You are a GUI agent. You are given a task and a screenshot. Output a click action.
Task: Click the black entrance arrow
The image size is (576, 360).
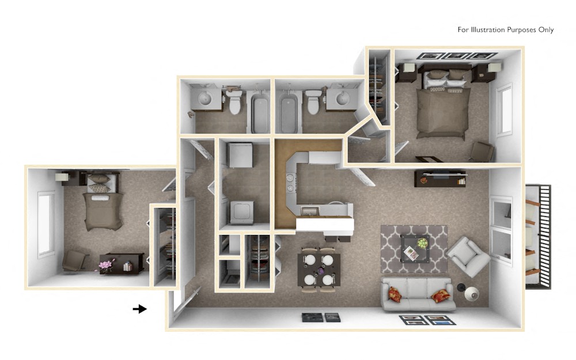click(x=140, y=309)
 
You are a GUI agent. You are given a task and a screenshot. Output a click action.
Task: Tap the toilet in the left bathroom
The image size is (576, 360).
click(x=234, y=102)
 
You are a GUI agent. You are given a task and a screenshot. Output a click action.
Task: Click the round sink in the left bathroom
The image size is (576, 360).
click(x=205, y=99)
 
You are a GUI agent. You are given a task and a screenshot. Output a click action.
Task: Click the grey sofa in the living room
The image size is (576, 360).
click(x=418, y=293)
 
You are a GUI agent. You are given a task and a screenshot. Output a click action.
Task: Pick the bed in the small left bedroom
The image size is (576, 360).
click(x=103, y=204)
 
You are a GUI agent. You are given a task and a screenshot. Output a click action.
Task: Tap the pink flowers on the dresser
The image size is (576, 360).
click(x=106, y=264)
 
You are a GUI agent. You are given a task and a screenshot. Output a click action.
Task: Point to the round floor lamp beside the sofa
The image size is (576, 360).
click(x=471, y=294)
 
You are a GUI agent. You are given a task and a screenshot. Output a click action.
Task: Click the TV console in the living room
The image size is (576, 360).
click(x=439, y=179)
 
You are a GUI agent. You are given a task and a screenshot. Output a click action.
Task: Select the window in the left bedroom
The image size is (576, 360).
click(x=44, y=224)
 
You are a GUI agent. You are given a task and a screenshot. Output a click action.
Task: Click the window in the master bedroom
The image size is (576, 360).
click(x=505, y=109)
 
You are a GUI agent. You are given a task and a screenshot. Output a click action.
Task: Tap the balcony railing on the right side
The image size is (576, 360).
click(x=539, y=237)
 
